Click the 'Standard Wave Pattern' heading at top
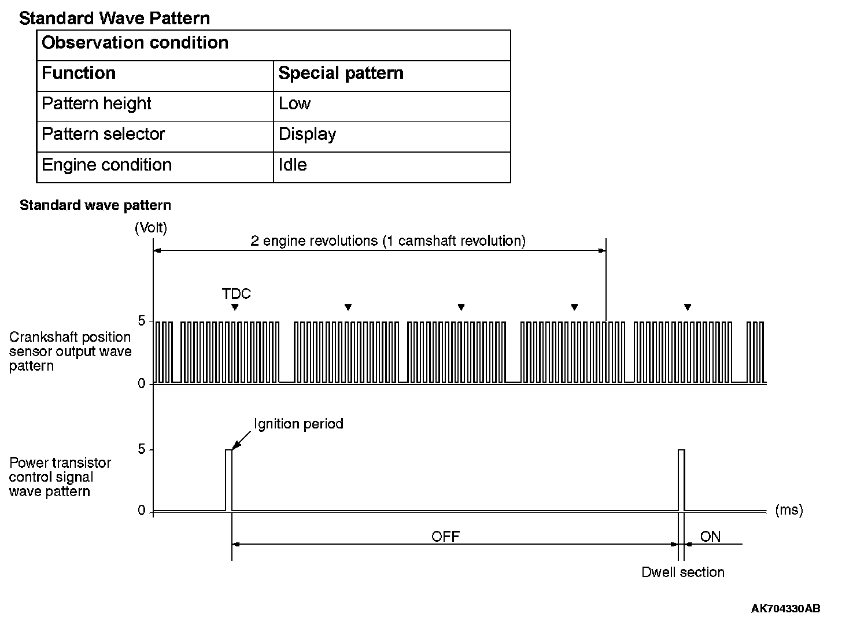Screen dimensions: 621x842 tap(115, 18)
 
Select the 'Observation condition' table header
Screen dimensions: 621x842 tap(135, 43)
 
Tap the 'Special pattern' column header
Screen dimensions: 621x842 tap(341, 73)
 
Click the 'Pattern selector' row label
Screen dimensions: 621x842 tap(104, 134)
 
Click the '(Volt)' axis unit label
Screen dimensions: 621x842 tap(151, 228)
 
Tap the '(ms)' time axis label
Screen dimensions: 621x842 tap(789, 510)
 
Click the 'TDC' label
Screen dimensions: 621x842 tap(237, 294)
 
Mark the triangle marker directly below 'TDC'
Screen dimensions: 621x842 tap(234, 307)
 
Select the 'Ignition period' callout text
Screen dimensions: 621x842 tap(298, 424)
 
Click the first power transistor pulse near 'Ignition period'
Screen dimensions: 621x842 tap(228, 480)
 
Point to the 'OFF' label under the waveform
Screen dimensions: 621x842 tap(445, 537)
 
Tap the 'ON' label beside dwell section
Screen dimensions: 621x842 tap(710, 537)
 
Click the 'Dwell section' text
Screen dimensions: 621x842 tap(683, 572)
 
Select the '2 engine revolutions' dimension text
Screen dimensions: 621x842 tap(388, 241)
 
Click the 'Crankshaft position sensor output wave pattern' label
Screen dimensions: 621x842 tap(70, 352)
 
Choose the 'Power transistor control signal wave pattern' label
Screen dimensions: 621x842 tap(60, 477)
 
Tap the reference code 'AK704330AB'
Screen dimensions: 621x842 tap(785, 608)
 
